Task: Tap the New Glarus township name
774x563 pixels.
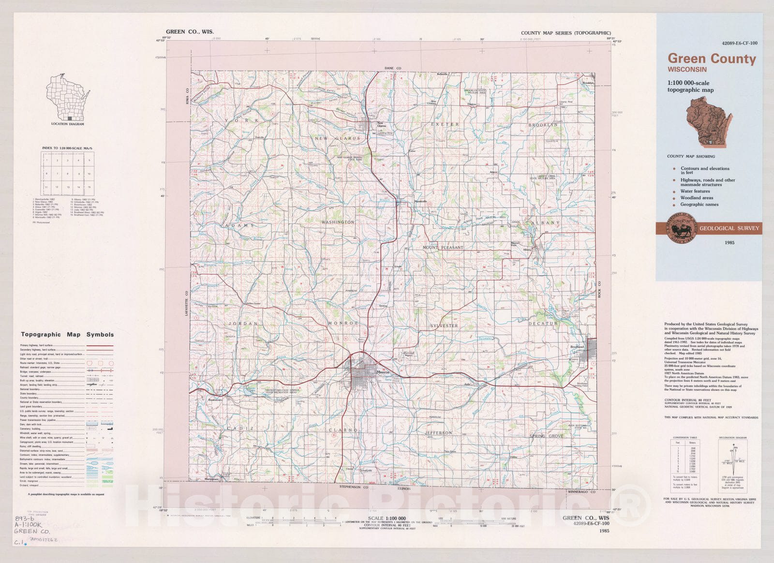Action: (x=337, y=138)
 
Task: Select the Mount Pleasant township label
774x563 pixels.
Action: (x=443, y=248)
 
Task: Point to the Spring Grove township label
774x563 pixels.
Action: (x=546, y=436)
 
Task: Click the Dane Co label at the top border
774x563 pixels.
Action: (x=393, y=69)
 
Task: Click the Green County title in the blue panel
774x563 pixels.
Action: (x=711, y=59)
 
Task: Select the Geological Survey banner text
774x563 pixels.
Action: (x=729, y=228)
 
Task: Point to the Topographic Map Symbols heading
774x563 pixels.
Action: (x=67, y=334)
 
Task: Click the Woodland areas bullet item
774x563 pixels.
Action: (x=697, y=198)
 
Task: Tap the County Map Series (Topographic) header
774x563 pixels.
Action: (x=566, y=33)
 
